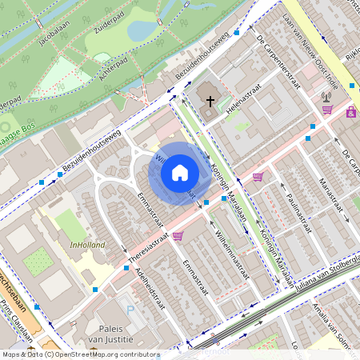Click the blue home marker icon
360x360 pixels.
[180, 173]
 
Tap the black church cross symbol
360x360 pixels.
[211, 102]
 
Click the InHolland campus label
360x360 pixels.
[87, 245]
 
